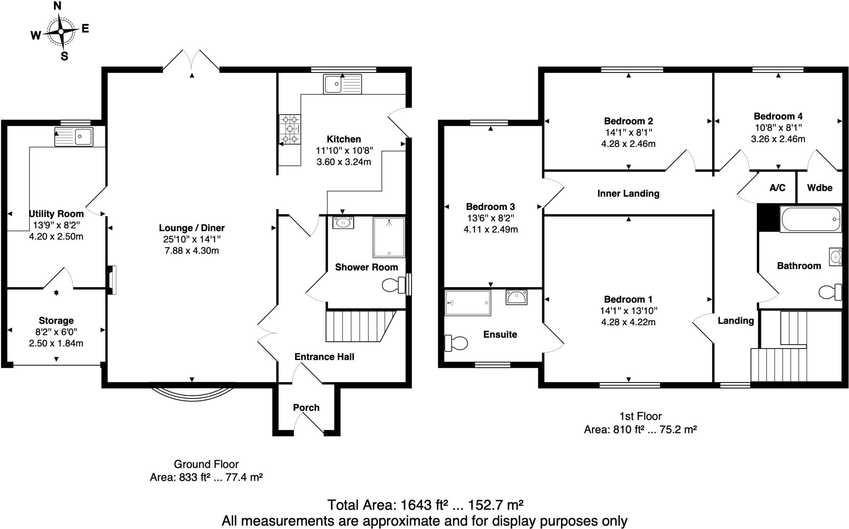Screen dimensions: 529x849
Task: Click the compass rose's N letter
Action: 58,6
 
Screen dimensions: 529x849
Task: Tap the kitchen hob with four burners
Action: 290,129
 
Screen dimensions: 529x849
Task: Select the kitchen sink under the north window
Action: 342,84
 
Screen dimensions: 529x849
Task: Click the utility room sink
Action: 74,137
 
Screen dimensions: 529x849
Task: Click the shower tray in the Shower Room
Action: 388,237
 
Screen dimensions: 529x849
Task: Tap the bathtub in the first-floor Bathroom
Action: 810,219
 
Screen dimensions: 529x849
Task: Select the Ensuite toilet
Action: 456,343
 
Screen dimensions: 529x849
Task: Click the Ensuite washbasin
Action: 516,297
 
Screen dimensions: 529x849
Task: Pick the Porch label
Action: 306,407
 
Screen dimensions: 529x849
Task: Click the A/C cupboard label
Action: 777,188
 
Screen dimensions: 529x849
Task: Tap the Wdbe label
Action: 820,188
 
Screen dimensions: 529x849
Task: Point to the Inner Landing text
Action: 628,193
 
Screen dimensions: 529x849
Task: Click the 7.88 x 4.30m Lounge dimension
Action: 192,251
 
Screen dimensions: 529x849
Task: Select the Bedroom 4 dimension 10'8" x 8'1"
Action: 778,127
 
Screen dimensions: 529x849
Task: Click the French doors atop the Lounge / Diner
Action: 192,62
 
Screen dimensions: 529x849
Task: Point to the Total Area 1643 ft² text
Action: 424,505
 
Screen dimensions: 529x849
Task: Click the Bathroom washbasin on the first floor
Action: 835,257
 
